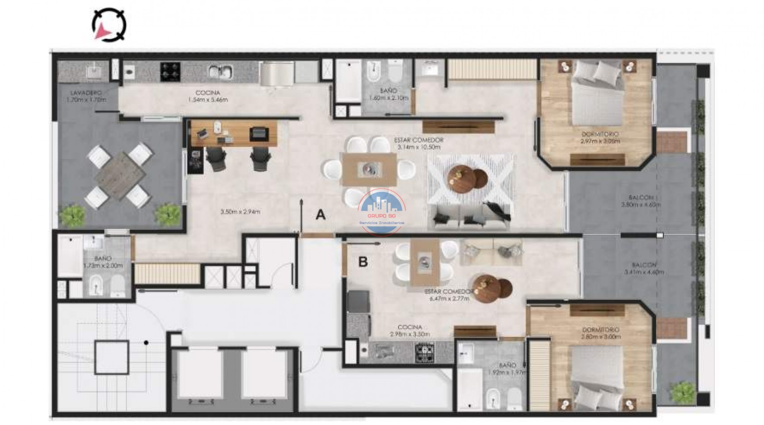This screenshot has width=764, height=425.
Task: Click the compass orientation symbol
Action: click(109, 25)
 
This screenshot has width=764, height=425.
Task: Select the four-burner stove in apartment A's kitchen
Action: click(170, 72)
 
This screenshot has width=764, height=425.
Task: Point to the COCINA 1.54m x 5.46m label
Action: click(208, 96)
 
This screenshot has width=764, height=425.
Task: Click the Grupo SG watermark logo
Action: click(382, 212)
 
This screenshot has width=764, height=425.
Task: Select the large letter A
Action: click(321, 215)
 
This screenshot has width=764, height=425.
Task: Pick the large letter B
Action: click(363, 262)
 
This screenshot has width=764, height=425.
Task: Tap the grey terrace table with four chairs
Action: click(119, 174)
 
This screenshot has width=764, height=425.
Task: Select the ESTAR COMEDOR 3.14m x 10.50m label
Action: click(418, 143)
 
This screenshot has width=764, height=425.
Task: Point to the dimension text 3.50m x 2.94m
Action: click(240, 212)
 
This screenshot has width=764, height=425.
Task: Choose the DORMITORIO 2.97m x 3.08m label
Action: click(600, 137)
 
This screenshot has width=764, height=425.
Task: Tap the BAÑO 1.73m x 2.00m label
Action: click(103, 262)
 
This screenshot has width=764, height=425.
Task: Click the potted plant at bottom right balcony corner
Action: click(684, 391)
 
